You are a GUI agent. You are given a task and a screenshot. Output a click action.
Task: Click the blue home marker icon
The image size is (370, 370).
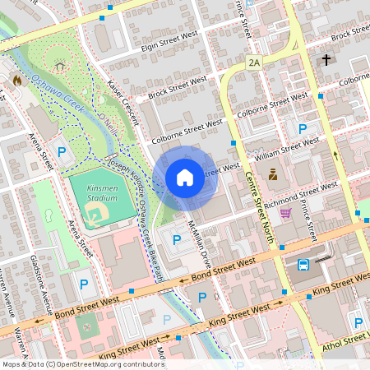click(185, 177)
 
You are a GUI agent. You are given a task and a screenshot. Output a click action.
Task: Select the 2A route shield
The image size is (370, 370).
click(254, 62)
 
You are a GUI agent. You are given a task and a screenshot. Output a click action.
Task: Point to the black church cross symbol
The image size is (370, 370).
click(326, 60)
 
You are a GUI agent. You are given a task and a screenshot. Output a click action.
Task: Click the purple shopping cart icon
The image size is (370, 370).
click(285, 212)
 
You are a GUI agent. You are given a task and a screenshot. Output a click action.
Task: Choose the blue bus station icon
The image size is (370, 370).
click(303, 265)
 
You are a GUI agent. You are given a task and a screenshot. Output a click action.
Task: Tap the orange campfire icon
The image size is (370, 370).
click(16, 81)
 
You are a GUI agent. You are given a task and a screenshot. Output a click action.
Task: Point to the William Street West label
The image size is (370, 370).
click(287, 147)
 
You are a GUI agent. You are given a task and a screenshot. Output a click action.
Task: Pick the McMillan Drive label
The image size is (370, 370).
click(199, 239)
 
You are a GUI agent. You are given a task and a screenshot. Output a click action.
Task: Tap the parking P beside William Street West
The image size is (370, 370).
click(303, 128)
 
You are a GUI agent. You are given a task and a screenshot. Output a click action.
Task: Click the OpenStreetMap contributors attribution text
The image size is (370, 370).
click(83, 363)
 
